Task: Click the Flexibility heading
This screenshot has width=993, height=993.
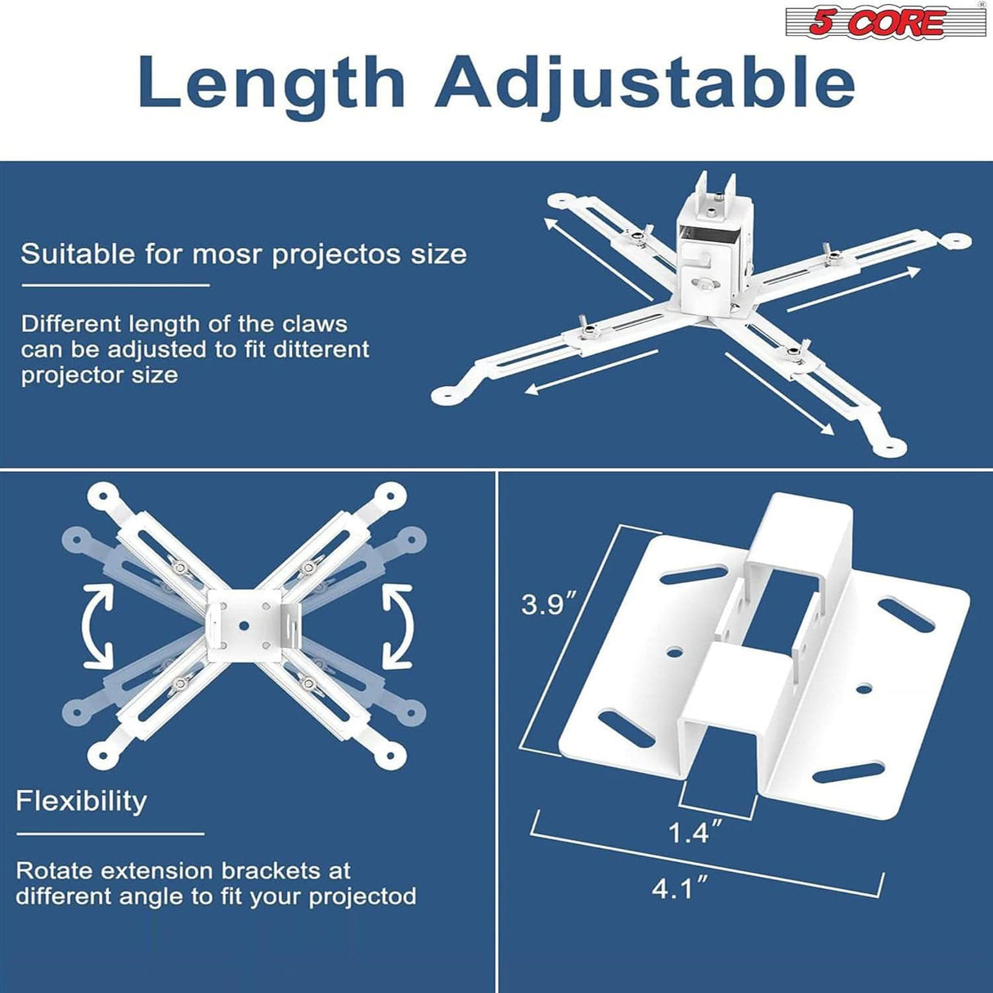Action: coord(81,800)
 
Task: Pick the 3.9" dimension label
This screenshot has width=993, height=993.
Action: coord(549,604)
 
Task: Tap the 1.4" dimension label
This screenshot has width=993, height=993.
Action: coord(694,833)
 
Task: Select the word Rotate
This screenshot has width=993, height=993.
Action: coord(54,870)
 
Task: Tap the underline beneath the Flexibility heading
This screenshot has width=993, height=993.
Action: coord(110,834)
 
